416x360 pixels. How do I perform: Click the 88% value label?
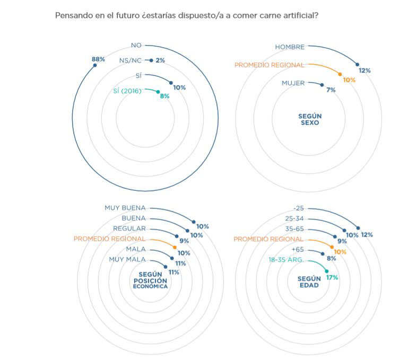click(x=98, y=59)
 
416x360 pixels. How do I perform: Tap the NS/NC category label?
click(x=131, y=60)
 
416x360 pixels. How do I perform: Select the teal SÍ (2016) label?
click(x=127, y=91)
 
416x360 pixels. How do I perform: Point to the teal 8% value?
click(x=164, y=96)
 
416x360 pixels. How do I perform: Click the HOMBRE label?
click(x=290, y=47)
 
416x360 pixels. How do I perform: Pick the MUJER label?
click(x=293, y=83)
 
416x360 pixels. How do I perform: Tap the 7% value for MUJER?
click(x=331, y=90)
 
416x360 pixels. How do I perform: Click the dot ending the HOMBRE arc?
click(x=358, y=65)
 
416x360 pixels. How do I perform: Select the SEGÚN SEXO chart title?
click(x=310, y=120)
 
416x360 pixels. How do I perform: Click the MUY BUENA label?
click(x=125, y=208)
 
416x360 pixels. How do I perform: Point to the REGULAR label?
click(x=129, y=229)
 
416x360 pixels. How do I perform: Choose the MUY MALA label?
click(x=127, y=260)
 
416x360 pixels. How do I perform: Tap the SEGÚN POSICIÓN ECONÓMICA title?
click(x=150, y=280)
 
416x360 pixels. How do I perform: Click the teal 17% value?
click(x=332, y=278)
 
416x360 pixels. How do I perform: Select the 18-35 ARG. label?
click(x=285, y=260)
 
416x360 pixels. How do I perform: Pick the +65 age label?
click(x=298, y=250)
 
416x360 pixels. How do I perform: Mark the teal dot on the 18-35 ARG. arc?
click(x=327, y=271)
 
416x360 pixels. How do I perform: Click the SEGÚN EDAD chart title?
click(x=309, y=282)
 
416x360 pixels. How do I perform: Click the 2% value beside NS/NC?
click(x=160, y=60)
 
